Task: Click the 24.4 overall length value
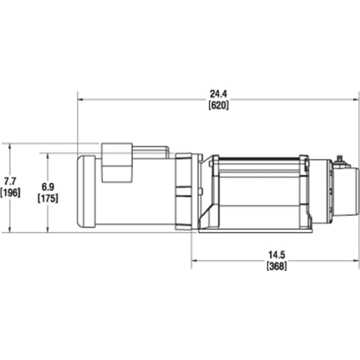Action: coord(219,94)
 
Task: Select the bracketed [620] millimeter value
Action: coord(219,104)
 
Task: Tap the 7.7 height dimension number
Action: coord(10,181)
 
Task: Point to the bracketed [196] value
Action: coord(10,192)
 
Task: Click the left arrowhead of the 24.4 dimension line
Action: coord(80,99)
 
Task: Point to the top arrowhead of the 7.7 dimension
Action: coord(10,146)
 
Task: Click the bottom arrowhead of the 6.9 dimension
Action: coord(48,229)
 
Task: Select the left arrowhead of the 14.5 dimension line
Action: coord(194,260)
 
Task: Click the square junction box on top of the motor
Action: coord(117,162)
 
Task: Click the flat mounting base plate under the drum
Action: coord(255,230)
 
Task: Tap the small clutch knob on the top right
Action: coord(339,160)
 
